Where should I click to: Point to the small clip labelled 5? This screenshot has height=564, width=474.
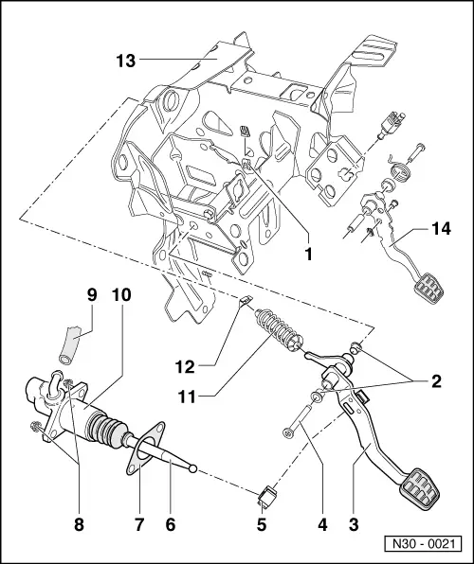pyautogui.click(x=269, y=494)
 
